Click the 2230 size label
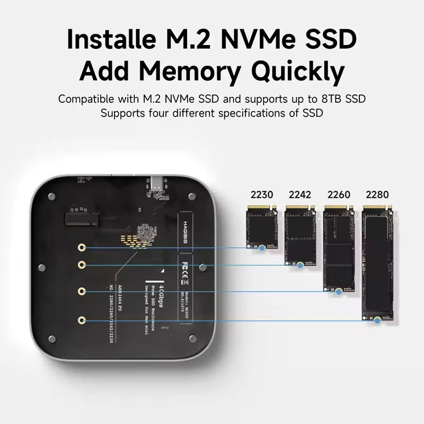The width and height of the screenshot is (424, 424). click(261, 195)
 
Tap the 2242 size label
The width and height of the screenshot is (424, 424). click(300, 195)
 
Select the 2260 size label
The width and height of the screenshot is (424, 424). click(339, 195)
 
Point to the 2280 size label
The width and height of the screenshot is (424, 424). click(377, 195)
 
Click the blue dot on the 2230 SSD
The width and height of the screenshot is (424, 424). click(262, 248)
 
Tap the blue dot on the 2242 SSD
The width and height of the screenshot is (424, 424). click(300, 264)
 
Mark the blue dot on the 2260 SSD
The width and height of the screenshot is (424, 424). click(339, 291)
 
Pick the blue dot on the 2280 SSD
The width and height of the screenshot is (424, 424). click(377, 320)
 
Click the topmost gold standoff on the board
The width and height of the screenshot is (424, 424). click(82, 248)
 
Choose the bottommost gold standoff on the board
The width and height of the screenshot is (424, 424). click(82, 320)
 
